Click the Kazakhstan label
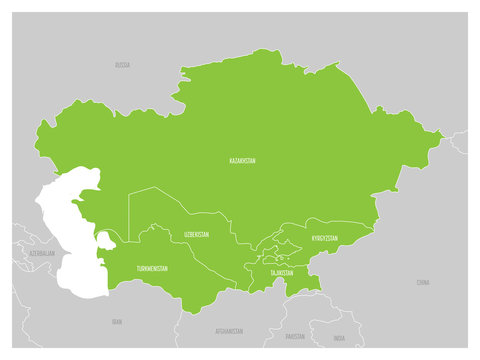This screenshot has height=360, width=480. pos(241,160)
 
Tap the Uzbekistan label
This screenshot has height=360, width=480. pos(196,234)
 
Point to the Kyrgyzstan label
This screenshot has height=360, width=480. pos(324,239)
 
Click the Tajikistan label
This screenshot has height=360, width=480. pos(281,272)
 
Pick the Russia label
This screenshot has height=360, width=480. pos(122,65)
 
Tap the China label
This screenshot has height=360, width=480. pos(422,283)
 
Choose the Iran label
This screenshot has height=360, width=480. pos(116,322)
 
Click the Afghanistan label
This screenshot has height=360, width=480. pos(228,330)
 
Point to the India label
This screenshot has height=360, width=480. pos(340,338)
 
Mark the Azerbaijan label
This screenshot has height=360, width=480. pos(42,254)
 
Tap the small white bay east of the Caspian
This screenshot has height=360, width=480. pos(105,240)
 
